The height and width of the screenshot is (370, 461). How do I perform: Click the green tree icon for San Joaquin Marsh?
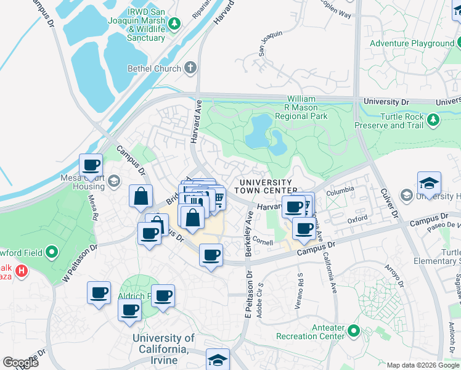pos(175,23)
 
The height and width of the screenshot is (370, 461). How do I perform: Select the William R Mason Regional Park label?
pos(301,107)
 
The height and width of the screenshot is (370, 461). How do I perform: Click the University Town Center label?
pos(266,186)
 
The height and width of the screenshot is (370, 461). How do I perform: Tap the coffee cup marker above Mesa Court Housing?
pos(91,165)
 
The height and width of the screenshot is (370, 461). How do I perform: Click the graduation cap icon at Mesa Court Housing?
pos(113,181)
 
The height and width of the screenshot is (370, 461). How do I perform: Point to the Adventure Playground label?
pos(412,43)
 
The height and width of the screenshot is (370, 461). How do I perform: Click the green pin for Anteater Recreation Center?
pos(354,331)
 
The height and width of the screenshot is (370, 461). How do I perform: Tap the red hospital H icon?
pos(22,270)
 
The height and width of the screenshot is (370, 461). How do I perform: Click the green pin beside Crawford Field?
pos(52,252)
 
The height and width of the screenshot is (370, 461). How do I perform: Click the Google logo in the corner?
pos(21,363)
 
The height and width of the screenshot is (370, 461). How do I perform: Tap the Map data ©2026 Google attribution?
pos(422,365)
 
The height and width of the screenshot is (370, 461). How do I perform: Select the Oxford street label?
pos(357,219)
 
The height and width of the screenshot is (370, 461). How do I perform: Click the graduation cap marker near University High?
pos(429,183)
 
